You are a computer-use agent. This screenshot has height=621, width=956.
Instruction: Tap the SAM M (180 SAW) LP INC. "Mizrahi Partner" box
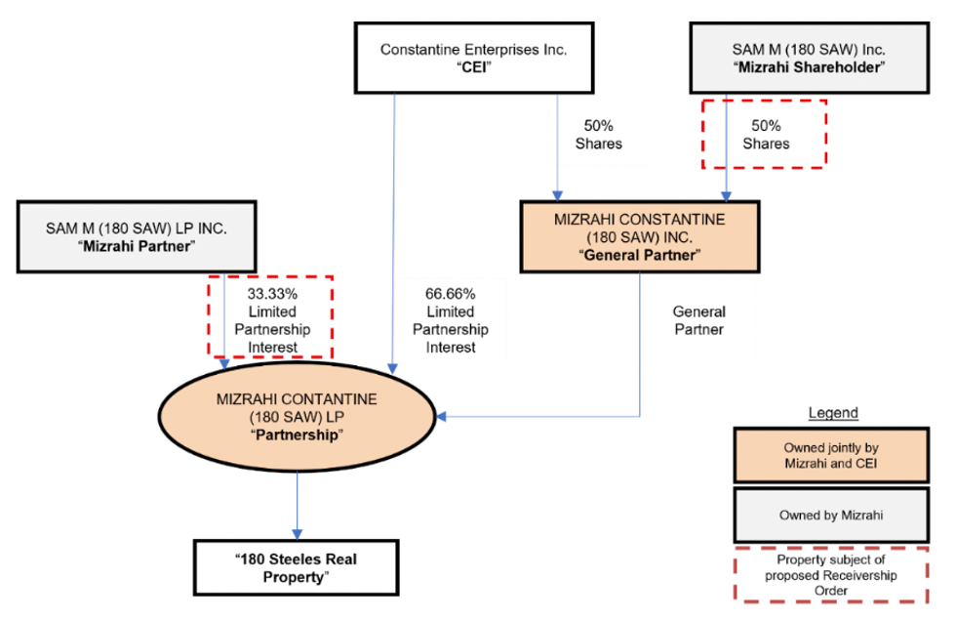[x=136, y=236]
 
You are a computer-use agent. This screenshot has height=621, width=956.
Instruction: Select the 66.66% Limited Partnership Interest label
[x=450, y=319]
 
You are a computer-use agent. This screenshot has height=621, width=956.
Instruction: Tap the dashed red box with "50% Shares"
[x=765, y=133]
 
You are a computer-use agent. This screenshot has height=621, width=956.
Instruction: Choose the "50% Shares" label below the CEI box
[x=598, y=134]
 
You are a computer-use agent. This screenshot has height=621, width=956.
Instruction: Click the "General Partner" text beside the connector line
[x=698, y=320]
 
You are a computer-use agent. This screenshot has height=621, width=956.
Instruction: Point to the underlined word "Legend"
[x=833, y=413]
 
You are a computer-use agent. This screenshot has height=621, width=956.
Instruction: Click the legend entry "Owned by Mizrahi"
[x=833, y=515]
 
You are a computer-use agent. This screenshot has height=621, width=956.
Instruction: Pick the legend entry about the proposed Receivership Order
[x=833, y=575]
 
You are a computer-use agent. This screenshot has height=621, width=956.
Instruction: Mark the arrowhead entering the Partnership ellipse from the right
[x=442, y=418]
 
